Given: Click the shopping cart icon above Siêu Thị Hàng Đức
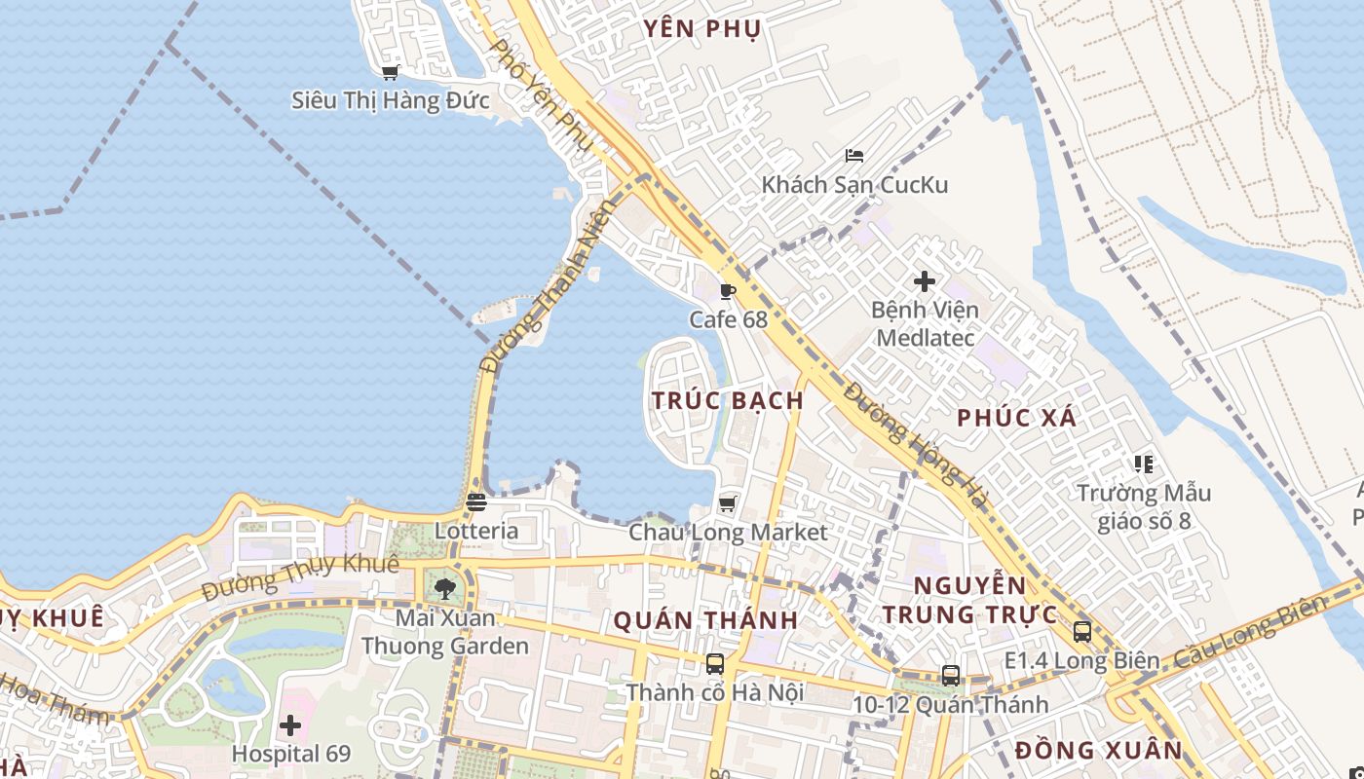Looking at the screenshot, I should [391, 72].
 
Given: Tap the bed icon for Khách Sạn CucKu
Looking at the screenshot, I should [854, 155].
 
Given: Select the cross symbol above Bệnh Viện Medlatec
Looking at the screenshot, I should [925, 282].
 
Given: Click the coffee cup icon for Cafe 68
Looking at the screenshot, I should [727, 291].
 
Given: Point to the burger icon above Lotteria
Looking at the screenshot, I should [475, 502].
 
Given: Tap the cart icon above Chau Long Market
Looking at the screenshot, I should [727, 503].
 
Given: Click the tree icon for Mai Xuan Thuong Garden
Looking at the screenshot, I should [445, 588].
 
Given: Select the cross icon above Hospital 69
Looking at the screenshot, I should [290, 725].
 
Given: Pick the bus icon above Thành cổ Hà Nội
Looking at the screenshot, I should [715, 664].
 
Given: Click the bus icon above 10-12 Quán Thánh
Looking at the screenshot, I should [951, 675].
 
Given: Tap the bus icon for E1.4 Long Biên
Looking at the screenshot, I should [1082, 632].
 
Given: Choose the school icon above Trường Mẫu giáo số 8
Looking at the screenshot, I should [1144, 464].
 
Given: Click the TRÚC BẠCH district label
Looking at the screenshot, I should [728, 400].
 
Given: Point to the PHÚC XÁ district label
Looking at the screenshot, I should [1017, 418].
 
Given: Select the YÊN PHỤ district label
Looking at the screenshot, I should [701, 29].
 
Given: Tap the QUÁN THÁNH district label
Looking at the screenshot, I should [705, 620].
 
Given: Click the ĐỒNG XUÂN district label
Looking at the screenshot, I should [1098, 751].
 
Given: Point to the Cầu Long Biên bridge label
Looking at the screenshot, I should [1250, 632].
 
